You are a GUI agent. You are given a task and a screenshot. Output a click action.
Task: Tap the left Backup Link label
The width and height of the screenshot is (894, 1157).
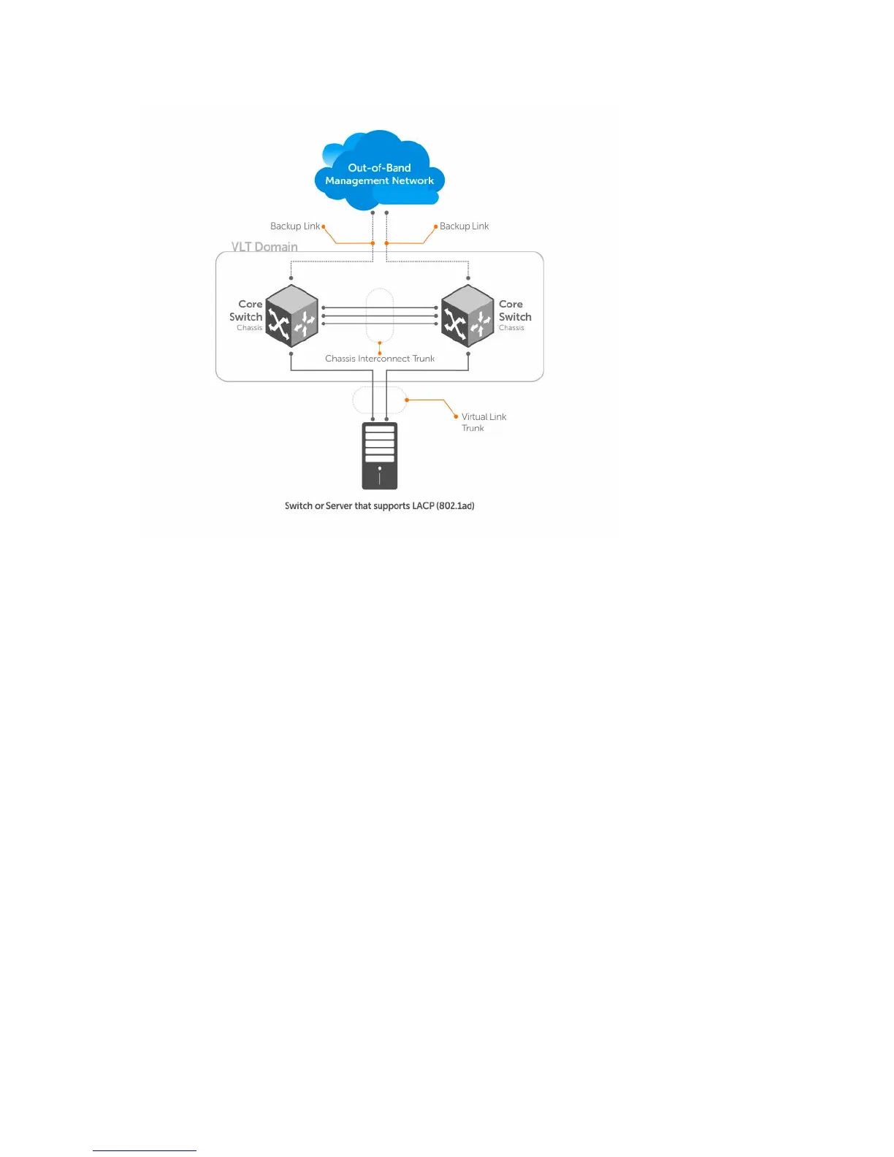point(295,226)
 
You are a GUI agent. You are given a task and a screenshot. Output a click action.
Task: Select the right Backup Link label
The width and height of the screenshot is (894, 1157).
point(464,226)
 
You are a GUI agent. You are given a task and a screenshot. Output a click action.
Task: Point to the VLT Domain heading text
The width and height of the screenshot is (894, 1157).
point(264,247)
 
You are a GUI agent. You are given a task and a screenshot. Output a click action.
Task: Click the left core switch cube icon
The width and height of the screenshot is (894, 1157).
point(291,316)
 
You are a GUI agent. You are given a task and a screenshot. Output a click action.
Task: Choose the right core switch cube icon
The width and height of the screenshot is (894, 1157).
point(467,316)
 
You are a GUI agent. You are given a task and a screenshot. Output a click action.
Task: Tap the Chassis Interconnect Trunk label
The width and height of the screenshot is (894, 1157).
point(380,359)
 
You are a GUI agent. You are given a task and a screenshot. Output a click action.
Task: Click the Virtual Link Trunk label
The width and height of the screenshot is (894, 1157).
point(483,422)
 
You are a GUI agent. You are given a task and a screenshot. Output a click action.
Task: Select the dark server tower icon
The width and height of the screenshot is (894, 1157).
point(380,456)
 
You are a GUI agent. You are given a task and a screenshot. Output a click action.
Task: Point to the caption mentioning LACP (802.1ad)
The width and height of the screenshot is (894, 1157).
point(380,505)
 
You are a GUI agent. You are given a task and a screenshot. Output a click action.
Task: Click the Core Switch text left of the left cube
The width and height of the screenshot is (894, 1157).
point(247,310)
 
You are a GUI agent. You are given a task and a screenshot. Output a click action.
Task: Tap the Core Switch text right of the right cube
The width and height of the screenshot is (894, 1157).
point(514,310)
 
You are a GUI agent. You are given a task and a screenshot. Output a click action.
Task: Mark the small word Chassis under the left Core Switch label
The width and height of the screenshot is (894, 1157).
point(249,328)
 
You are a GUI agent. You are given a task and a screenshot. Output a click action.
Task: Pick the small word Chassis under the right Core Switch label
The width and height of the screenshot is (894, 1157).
point(511,328)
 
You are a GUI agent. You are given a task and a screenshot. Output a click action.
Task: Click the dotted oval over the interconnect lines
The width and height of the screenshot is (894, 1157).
point(380,315)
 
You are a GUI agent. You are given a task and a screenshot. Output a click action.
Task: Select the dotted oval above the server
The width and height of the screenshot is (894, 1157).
point(379,400)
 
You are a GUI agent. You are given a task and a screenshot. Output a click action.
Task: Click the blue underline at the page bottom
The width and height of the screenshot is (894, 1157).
point(145,1150)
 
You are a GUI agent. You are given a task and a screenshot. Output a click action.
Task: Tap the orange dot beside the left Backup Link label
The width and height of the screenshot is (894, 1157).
point(323,226)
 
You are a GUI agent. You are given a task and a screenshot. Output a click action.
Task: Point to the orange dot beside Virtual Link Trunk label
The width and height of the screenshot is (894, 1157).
point(456,416)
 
